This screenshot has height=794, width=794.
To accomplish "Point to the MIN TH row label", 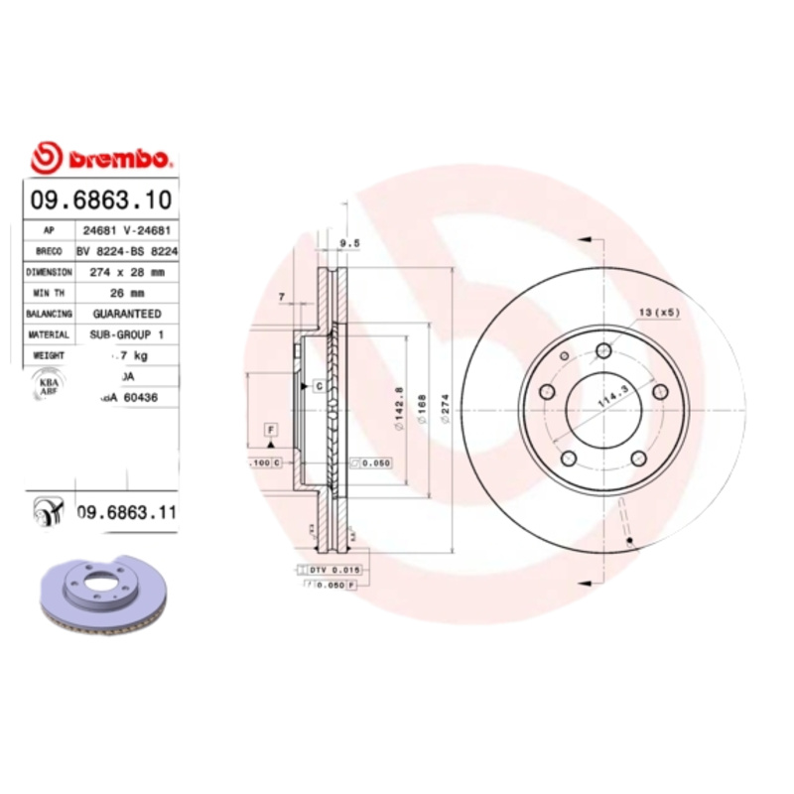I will point(48,292).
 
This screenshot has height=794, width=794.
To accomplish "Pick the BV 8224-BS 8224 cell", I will point(126,250).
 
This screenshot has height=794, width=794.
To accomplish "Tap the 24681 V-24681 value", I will point(126,229).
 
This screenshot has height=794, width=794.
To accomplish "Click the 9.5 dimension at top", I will point(348,241).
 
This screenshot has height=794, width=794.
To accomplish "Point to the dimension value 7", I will point(282,297).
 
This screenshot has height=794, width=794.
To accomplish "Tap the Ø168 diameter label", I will point(421,407).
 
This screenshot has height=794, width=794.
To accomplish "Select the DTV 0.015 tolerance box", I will point(334,570).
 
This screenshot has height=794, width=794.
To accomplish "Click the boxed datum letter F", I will point(269,429).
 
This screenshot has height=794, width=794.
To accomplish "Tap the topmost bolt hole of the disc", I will point(602,349).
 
